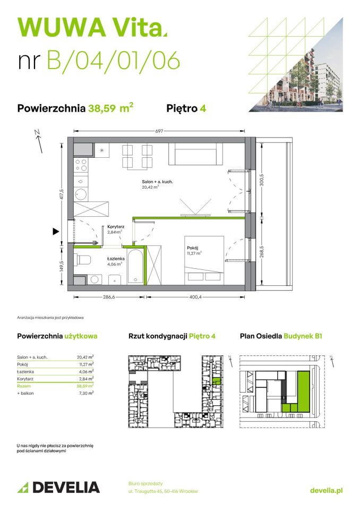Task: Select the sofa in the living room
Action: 194,155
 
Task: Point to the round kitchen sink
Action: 81,193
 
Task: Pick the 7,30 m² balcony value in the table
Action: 85,393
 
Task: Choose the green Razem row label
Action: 24,386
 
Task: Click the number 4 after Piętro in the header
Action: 203,108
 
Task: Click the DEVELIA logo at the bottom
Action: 58,487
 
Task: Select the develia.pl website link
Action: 326,490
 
